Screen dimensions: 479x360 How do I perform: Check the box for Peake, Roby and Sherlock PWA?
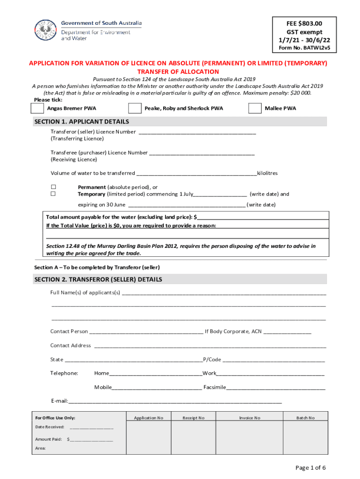(x=135, y=109)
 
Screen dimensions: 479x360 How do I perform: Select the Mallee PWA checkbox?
(x=255, y=109)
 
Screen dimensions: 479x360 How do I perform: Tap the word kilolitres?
(x=267, y=173)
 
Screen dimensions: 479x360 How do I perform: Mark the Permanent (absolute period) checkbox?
(x=53, y=187)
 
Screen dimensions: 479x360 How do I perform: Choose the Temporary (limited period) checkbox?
(x=53, y=194)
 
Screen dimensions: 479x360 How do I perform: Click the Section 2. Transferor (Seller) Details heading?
(x=98, y=279)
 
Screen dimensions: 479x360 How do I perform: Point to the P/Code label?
(x=212, y=360)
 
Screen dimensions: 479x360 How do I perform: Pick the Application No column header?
(x=148, y=418)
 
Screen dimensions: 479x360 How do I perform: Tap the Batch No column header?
(x=305, y=418)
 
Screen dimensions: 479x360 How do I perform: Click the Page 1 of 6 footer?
(x=310, y=468)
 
